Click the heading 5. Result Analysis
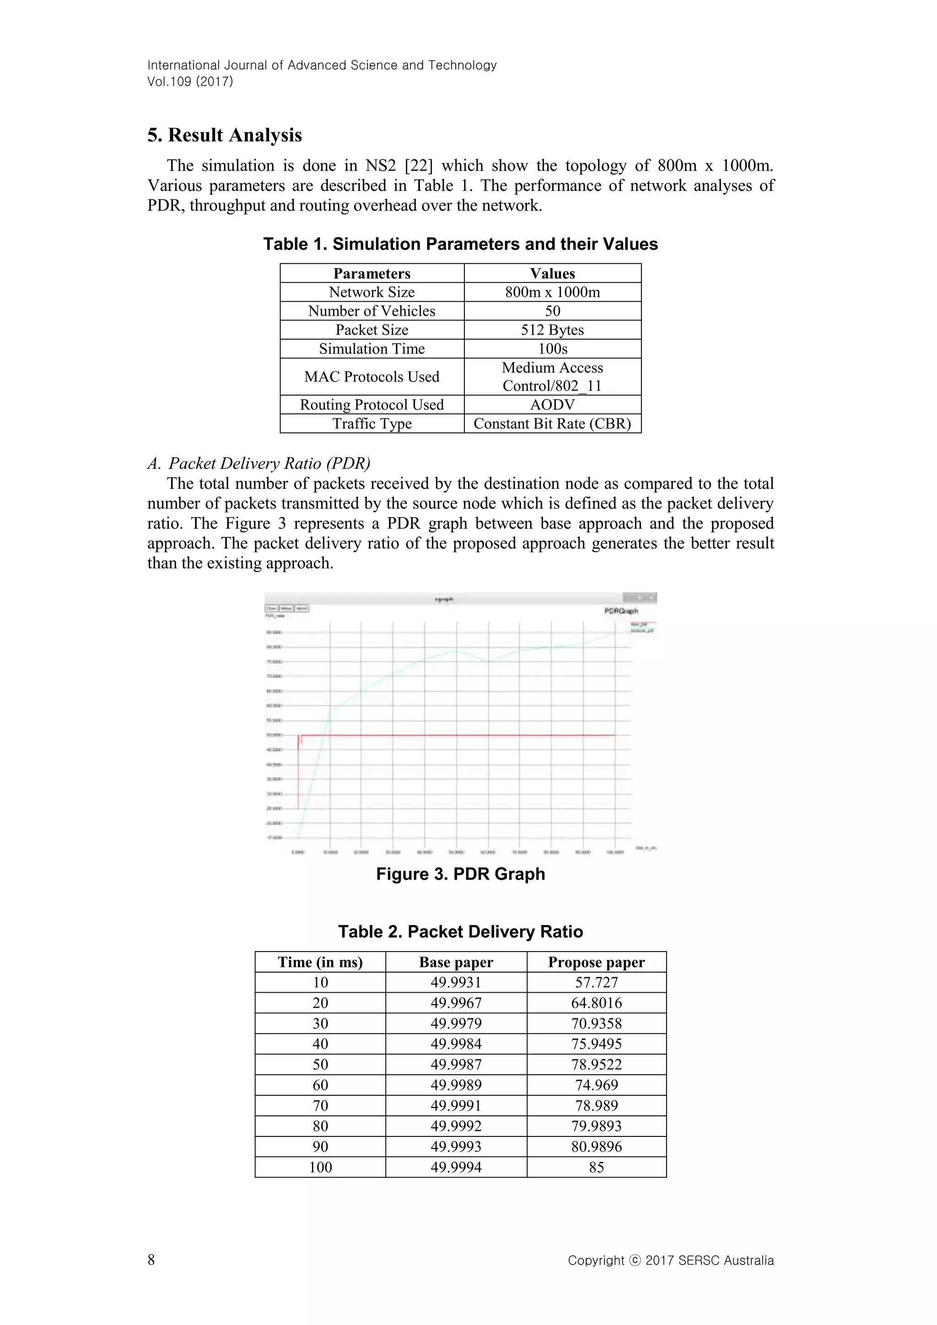(225, 135)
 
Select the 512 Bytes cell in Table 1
(552, 330)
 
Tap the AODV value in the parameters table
(552, 405)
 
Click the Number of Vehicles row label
(372, 311)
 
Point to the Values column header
(552, 274)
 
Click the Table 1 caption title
(460, 244)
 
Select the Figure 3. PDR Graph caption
(460, 874)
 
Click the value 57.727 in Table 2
(596, 982)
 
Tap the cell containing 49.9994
(456, 1167)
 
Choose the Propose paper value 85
(596, 1167)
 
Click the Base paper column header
(456, 962)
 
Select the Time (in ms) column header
(320, 962)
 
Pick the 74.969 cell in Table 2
(596, 1085)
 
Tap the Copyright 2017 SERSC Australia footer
(670, 1260)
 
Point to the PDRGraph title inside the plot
(621, 611)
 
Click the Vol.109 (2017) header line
(190, 81)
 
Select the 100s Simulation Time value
(552, 349)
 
